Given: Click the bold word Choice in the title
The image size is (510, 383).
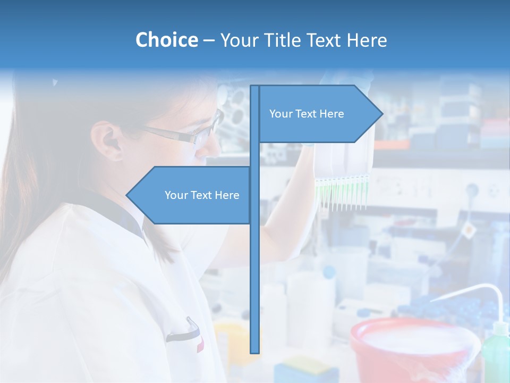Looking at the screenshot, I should click(166, 40).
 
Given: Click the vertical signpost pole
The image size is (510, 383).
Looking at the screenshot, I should click(254, 266).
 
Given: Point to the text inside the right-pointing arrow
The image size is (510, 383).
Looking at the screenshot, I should click(307, 114).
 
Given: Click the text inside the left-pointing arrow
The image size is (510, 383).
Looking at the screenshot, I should click(202, 195).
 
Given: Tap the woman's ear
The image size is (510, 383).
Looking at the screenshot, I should click(107, 140).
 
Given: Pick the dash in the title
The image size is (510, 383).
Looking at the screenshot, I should click(209, 40).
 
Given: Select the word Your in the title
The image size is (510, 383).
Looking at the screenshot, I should click(240, 40).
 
